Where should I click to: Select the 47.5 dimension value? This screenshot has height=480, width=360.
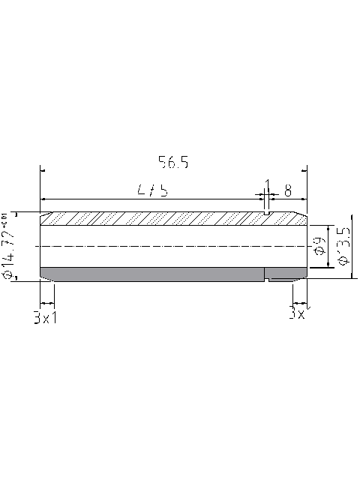point(152,190)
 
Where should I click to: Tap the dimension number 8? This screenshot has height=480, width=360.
point(288,190)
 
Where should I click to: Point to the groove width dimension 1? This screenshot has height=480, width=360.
point(266,185)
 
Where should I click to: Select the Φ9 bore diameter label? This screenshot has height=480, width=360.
point(317,244)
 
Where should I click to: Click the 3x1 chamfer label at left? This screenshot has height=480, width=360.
point(46,317)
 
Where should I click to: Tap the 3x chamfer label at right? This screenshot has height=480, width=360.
point(297,313)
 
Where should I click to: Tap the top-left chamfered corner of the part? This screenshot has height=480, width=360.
point(43,214)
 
